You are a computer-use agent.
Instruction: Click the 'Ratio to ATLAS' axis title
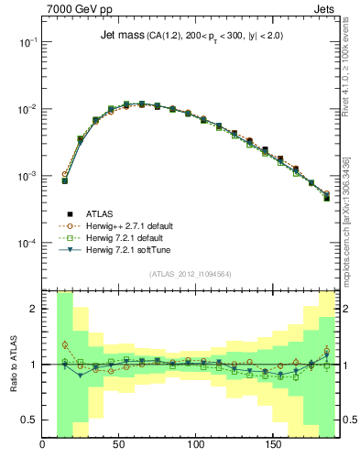[13, 364]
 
